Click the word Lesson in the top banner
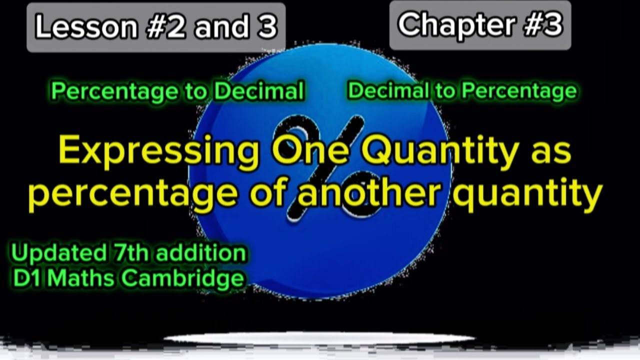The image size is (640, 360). tap(85, 27)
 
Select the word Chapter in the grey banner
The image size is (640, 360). tap(450, 24)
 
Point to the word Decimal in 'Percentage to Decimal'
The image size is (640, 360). tap(258, 91)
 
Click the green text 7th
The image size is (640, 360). tap(125, 253)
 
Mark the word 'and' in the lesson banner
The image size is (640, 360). tap(220, 27)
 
